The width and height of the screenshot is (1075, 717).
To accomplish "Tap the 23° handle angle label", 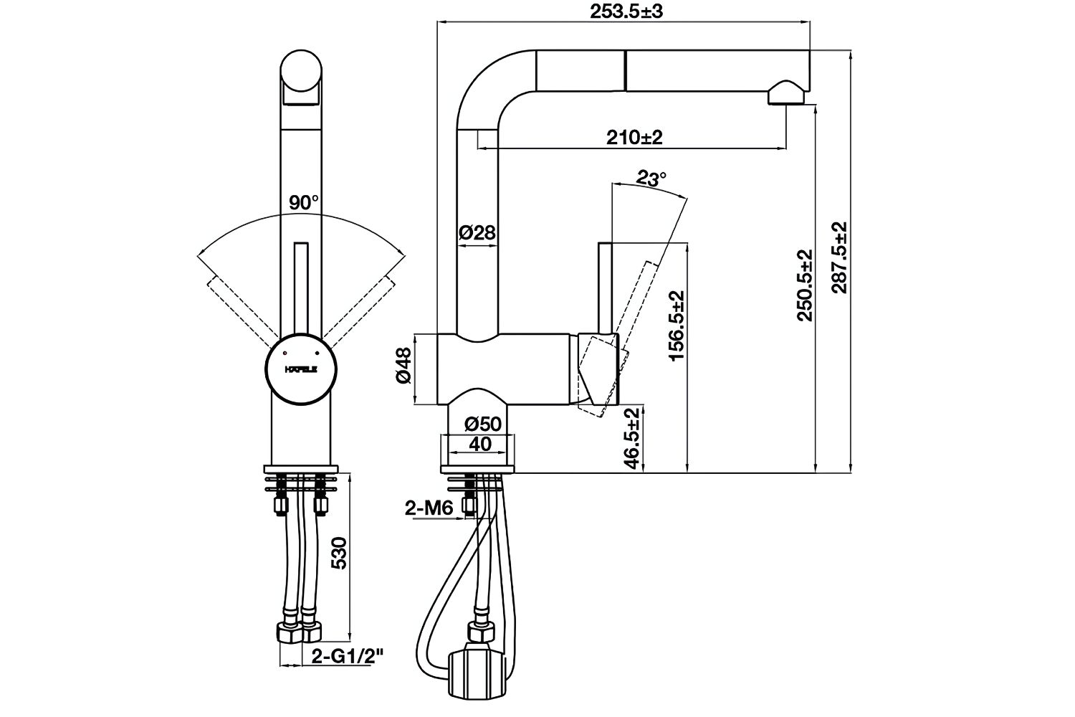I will (x=651, y=179).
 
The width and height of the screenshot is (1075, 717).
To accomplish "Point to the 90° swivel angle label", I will (x=304, y=203).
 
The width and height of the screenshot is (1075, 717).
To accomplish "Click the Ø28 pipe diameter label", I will (x=477, y=233).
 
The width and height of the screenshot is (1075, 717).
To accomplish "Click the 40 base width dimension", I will (x=479, y=445).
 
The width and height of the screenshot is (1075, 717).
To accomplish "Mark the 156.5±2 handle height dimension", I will (x=677, y=324).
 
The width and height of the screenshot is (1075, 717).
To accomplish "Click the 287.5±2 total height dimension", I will (x=838, y=257).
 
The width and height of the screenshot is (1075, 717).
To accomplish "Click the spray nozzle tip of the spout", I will (x=785, y=95).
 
